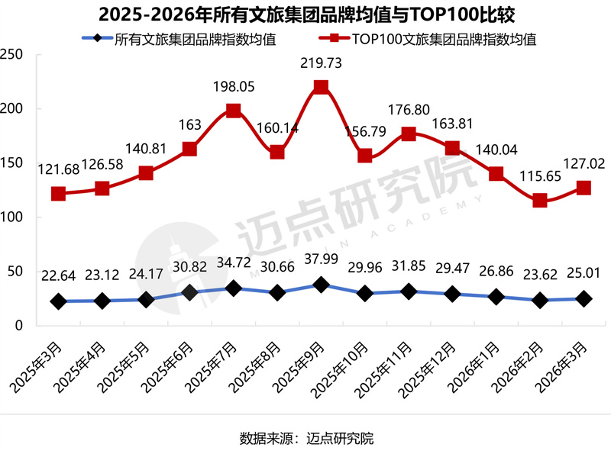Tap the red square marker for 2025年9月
point(321,87)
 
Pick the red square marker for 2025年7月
point(233,111)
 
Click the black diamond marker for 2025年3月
point(57,301)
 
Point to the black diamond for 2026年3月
point(584,299)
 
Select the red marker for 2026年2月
point(540,201)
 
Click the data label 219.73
point(321,65)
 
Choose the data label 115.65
point(540,175)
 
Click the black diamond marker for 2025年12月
point(452,294)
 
